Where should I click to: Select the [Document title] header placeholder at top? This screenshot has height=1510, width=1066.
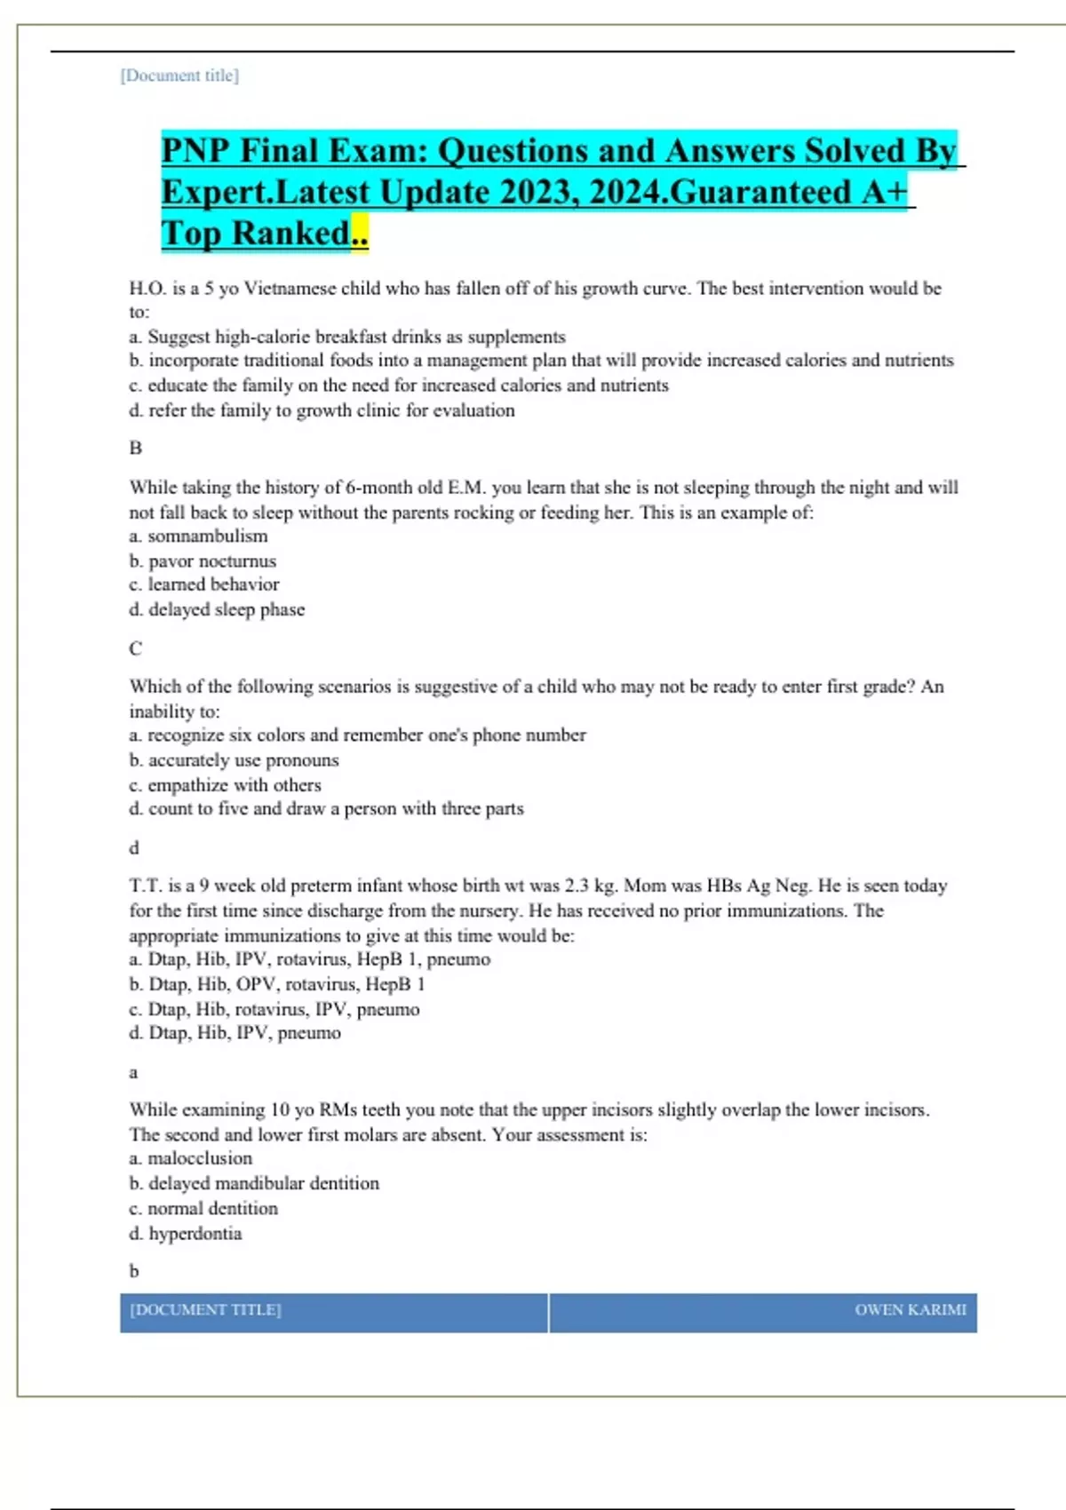point(179,75)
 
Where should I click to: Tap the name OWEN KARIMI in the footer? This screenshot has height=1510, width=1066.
point(911,1310)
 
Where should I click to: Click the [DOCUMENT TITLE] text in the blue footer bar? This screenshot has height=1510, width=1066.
point(205,1310)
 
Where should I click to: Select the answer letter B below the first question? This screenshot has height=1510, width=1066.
point(136,448)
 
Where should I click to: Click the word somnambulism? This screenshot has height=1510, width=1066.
point(207,536)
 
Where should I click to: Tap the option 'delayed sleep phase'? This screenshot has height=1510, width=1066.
point(226,610)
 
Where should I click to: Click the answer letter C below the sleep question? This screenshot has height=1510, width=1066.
point(136,648)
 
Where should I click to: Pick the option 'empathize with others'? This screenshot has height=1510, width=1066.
point(234,785)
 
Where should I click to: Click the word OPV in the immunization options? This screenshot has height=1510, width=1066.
point(258,984)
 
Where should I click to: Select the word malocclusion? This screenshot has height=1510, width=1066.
point(200,1158)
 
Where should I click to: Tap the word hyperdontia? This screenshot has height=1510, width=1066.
point(195,1234)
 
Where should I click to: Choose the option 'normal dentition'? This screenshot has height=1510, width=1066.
point(212,1209)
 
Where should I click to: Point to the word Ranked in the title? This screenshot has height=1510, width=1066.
point(290,234)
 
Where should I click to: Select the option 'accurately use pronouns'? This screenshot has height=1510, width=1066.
point(243,760)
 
